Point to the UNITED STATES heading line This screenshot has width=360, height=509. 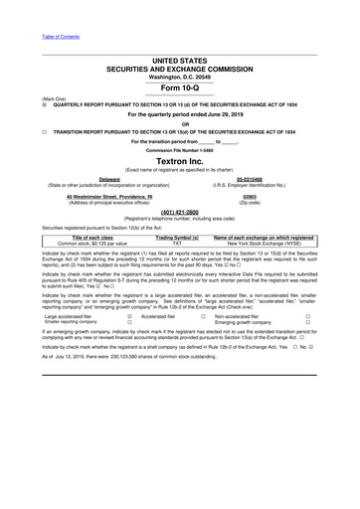click(179, 61)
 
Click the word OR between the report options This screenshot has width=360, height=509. click(179, 124)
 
